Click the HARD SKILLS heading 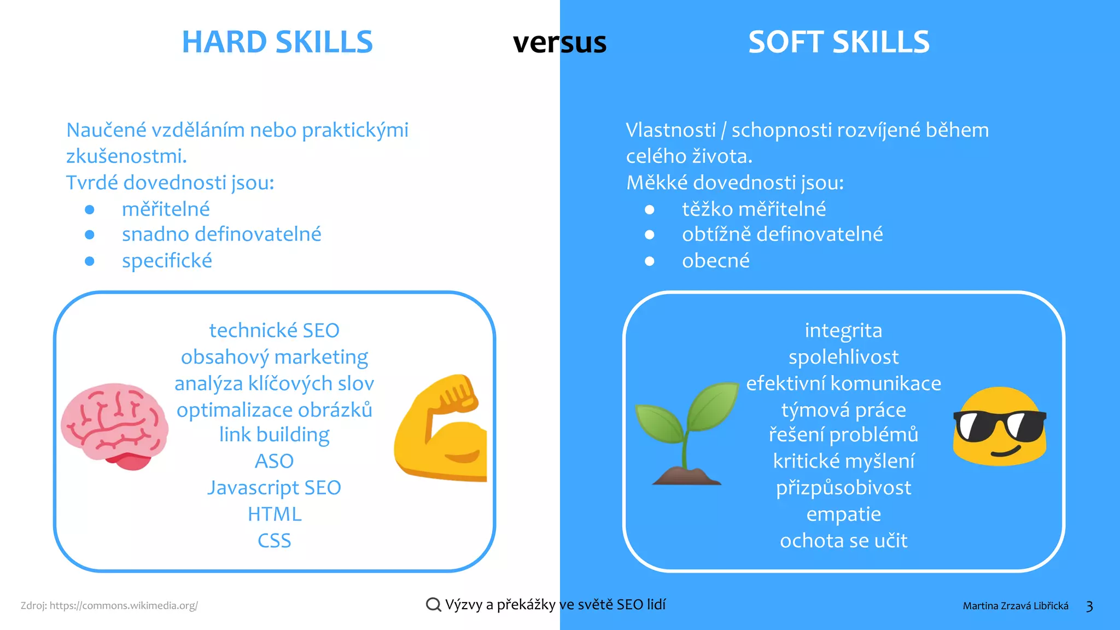[277, 42]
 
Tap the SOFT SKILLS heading [839, 42]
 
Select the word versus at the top [559, 43]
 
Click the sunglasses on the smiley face [999, 426]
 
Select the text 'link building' [275, 435]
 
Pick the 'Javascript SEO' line [275, 487]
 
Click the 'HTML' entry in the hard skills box [275, 514]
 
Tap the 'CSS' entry [275, 541]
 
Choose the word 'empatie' [844, 514]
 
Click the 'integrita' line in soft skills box [844, 330]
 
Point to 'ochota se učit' [844, 541]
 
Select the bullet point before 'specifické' [90, 261]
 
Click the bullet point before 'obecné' [650, 261]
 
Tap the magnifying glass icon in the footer [433, 604]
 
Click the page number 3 [1089, 606]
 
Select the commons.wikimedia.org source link [124, 605]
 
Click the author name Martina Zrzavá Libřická [1016, 606]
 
